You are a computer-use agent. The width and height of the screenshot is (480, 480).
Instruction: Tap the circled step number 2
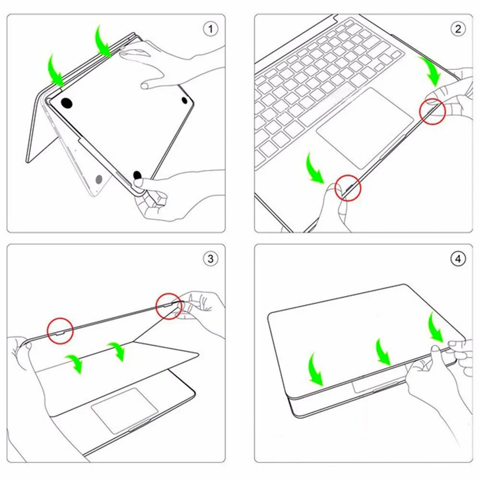[x=457, y=29]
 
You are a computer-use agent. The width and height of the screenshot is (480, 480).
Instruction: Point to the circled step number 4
[x=457, y=259]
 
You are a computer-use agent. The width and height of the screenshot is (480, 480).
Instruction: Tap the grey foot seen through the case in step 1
[x=100, y=180]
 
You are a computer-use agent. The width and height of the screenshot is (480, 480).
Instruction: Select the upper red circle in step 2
[x=432, y=112]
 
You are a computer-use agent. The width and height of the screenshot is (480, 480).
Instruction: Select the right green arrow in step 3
[x=117, y=351]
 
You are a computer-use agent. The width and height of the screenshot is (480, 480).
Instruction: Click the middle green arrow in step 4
[x=383, y=352]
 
